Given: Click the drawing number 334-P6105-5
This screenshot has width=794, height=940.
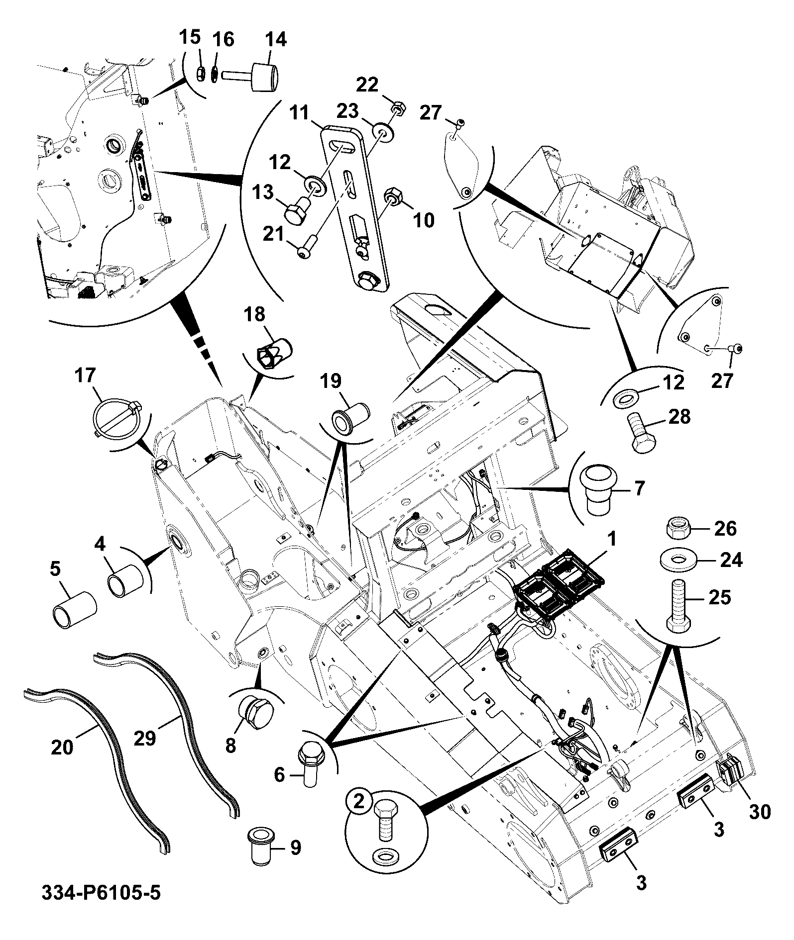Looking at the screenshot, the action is coord(102,907).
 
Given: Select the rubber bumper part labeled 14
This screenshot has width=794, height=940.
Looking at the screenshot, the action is coord(251,77).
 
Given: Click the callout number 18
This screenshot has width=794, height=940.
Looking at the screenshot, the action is coord(254,314).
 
